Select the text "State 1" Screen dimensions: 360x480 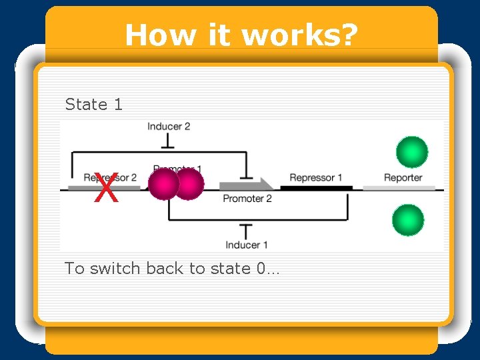point(94,105)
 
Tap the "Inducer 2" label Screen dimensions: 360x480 point(169,126)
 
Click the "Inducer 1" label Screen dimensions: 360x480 point(246,245)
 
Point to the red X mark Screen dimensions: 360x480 point(106,189)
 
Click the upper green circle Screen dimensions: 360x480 point(411,152)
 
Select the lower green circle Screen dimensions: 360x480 point(407,221)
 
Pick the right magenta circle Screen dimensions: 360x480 point(189,184)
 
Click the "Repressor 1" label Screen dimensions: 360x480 point(315,177)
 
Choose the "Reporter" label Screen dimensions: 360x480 point(403,177)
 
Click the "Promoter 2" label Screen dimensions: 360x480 point(247,199)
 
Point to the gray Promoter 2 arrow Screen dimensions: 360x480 point(246,185)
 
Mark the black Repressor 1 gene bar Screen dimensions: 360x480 point(316,188)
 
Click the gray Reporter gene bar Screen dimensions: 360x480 point(399,188)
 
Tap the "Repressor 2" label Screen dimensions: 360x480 point(110,177)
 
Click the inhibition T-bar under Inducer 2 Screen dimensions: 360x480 point(169,141)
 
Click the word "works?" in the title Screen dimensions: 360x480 point(298,35)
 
